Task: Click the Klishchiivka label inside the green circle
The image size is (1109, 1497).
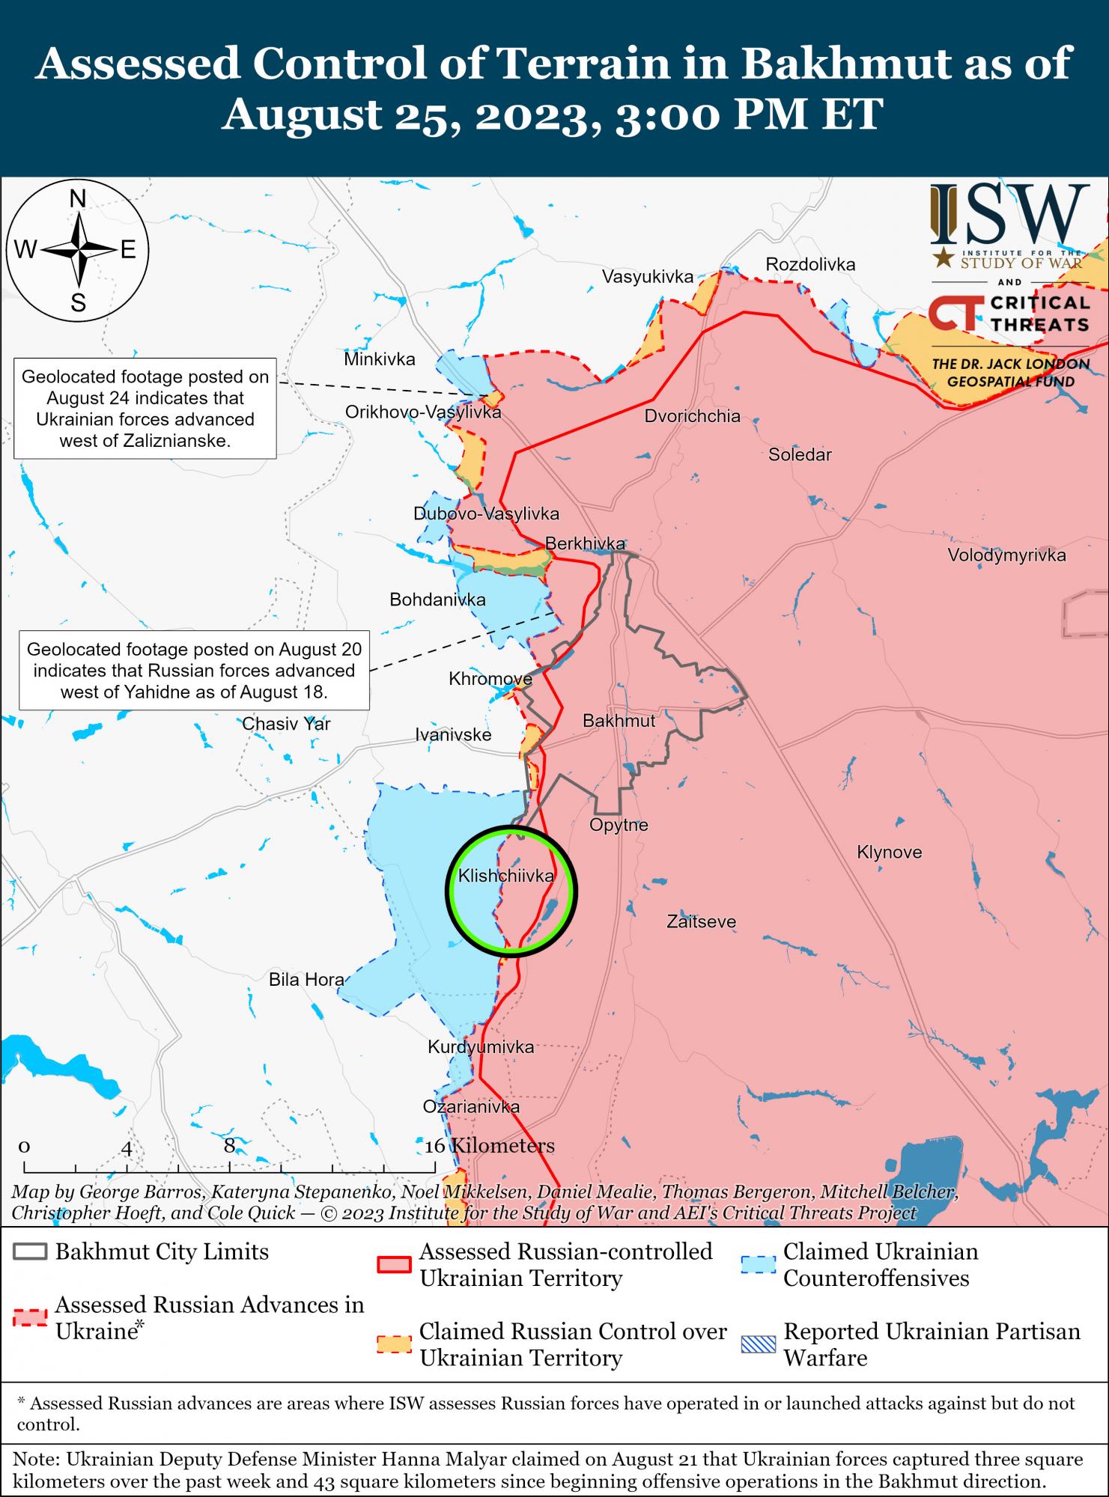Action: (x=506, y=876)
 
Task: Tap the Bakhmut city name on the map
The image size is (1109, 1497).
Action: (x=619, y=721)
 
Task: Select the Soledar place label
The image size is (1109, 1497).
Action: (x=800, y=454)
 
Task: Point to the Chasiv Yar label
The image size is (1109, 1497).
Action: (x=286, y=724)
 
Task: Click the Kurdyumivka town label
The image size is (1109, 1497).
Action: (x=481, y=1047)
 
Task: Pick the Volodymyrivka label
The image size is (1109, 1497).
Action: (x=1006, y=555)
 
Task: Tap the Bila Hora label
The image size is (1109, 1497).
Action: (x=306, y=979)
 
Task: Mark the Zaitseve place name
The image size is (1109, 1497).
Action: (x=702, y=922)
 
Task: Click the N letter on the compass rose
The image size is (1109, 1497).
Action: (x=77, y=199)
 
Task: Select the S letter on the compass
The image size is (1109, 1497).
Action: (x=78, y=303)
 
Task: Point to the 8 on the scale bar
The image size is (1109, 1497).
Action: (x=229, y=1145)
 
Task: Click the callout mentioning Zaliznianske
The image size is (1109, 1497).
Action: (x=145, y=409)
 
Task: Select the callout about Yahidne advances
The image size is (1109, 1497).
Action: (x=194, y=670)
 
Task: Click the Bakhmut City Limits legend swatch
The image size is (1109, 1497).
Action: (x=30, y=1252)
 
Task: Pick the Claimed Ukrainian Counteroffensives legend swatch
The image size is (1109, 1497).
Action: (x=757, y=1264)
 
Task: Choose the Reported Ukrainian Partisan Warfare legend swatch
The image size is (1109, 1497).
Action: (x=757, y=1344)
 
